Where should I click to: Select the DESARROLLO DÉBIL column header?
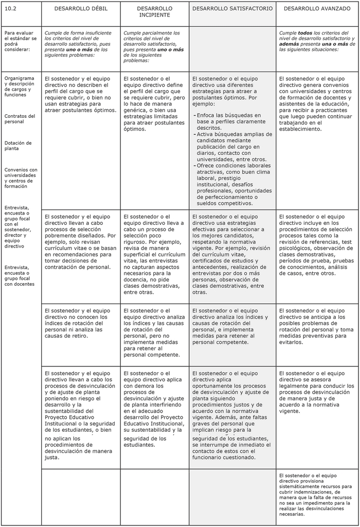click(x=80, y=9)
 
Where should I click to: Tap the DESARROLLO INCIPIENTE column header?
click(x=154, y=12)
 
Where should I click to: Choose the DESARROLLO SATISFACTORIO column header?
click(x=232, y=9)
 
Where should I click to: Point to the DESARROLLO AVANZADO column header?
click(x=317, y=9)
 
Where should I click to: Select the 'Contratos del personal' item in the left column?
click(x=20, y=119)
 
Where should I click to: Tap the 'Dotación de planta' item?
click(x=18, y=146)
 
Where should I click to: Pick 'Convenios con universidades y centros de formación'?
click(x=21, y=178)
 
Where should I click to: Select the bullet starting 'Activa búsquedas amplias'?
click(x=230, y=147)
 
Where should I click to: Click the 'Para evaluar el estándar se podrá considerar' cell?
click(x=20, y=41)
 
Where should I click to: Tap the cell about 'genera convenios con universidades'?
click(x=316, y=103)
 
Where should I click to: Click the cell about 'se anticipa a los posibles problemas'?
click(x=316, y=326)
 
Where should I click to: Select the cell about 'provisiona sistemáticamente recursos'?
click(x=316, y=494)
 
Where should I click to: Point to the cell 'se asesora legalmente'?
click(x=316, y=392)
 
